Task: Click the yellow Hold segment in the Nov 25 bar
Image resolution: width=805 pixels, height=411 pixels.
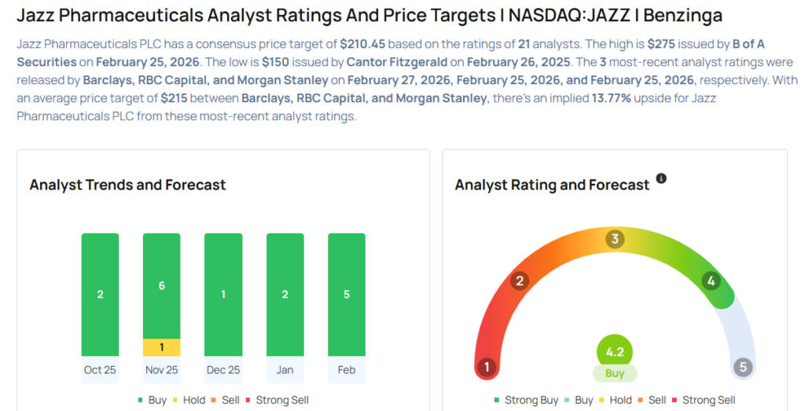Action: click(x=162, y=347)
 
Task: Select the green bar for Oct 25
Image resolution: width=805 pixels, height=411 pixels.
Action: click(x=100, y=295)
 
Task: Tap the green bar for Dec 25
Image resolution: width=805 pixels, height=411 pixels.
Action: click(x=223, y=295)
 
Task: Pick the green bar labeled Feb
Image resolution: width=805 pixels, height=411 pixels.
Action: click(x=347, y=295)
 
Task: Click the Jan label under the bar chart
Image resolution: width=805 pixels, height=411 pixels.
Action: click(x=285, y=369)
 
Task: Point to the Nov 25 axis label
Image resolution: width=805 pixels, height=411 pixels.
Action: click(x=162, y=369)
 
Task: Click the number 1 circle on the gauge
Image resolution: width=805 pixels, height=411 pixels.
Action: click(x=487, y=367)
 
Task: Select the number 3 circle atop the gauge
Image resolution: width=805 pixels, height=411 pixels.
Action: click(x=616, y=239)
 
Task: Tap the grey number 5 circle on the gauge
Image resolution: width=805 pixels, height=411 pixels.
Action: click(x=743, y=367)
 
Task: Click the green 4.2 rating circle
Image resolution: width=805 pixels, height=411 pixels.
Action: click(x=615, y=352)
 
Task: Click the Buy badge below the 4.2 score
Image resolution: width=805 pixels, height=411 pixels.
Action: click(x=615, y=374)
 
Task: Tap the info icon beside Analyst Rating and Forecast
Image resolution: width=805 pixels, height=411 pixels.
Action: click(x=661, y=179)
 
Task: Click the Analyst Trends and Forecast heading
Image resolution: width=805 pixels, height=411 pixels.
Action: click(x=127, y=185)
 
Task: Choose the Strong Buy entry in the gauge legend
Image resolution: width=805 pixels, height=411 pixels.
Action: click(x=526, y=400)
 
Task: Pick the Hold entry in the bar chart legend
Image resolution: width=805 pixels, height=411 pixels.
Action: click(x=191, y=400)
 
